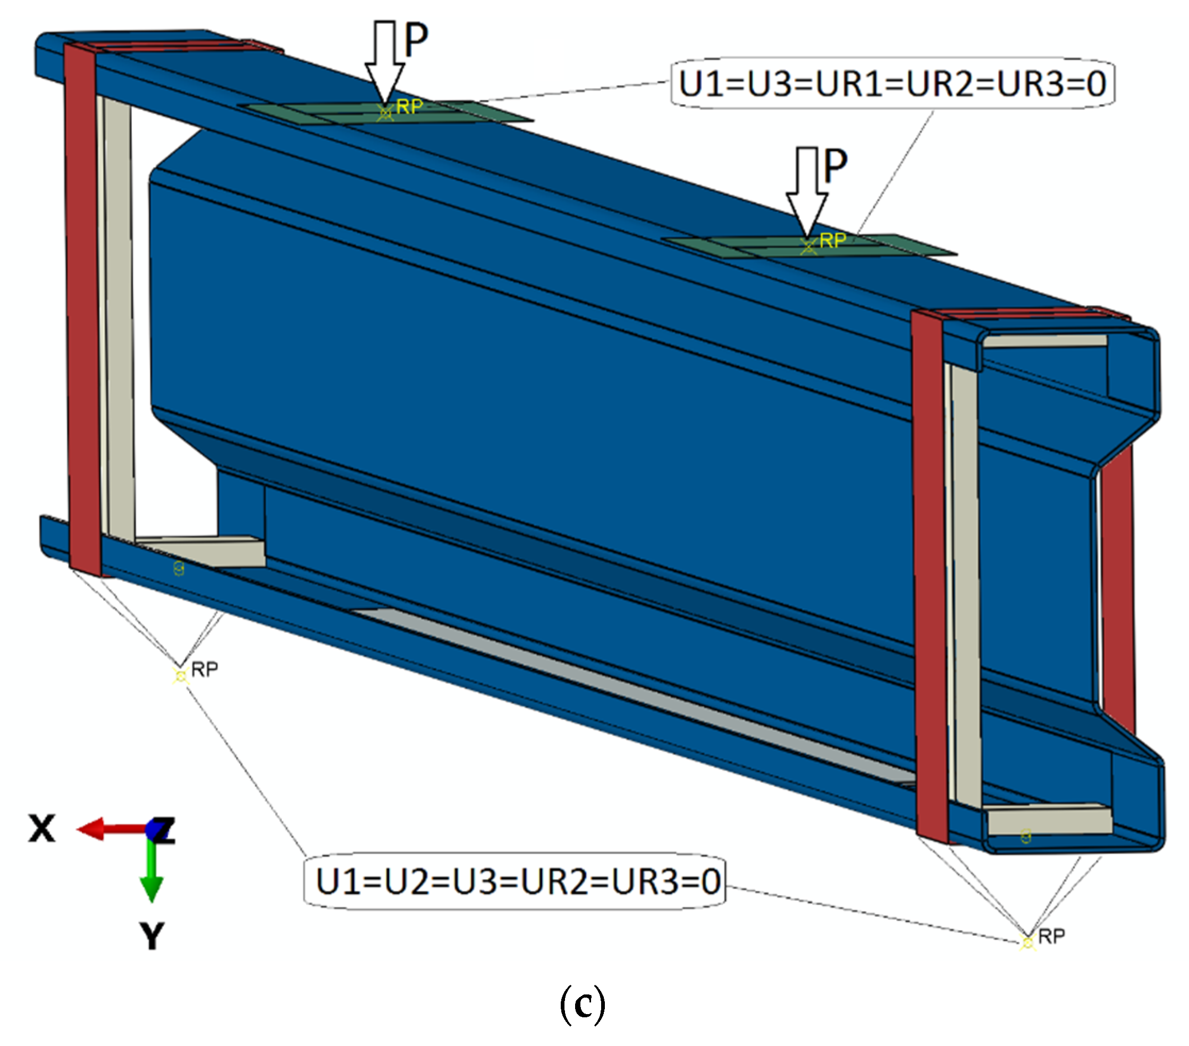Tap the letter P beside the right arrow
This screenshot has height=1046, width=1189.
pyautogui.click(x=836, y=166)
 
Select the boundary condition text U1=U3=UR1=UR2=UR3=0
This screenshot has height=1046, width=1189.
pyautogui.click(x=892, y=84)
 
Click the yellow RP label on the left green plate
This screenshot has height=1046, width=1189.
pyautogui.click(x=409, y=106)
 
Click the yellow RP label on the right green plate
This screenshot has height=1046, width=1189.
pyautogui.click(x=832, y=241)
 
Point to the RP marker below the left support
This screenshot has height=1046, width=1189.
pyautogui.click(x=181, y=675)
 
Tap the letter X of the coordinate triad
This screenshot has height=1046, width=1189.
pyautogui.click(x=42, y=829)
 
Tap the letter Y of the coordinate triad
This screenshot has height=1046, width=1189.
pyautogui.click(x=153, y=936)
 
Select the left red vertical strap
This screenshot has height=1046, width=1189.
pyautogui.click(x=83, y=308)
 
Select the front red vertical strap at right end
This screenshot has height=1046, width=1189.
pyautogui.click(x=930, y=576)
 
